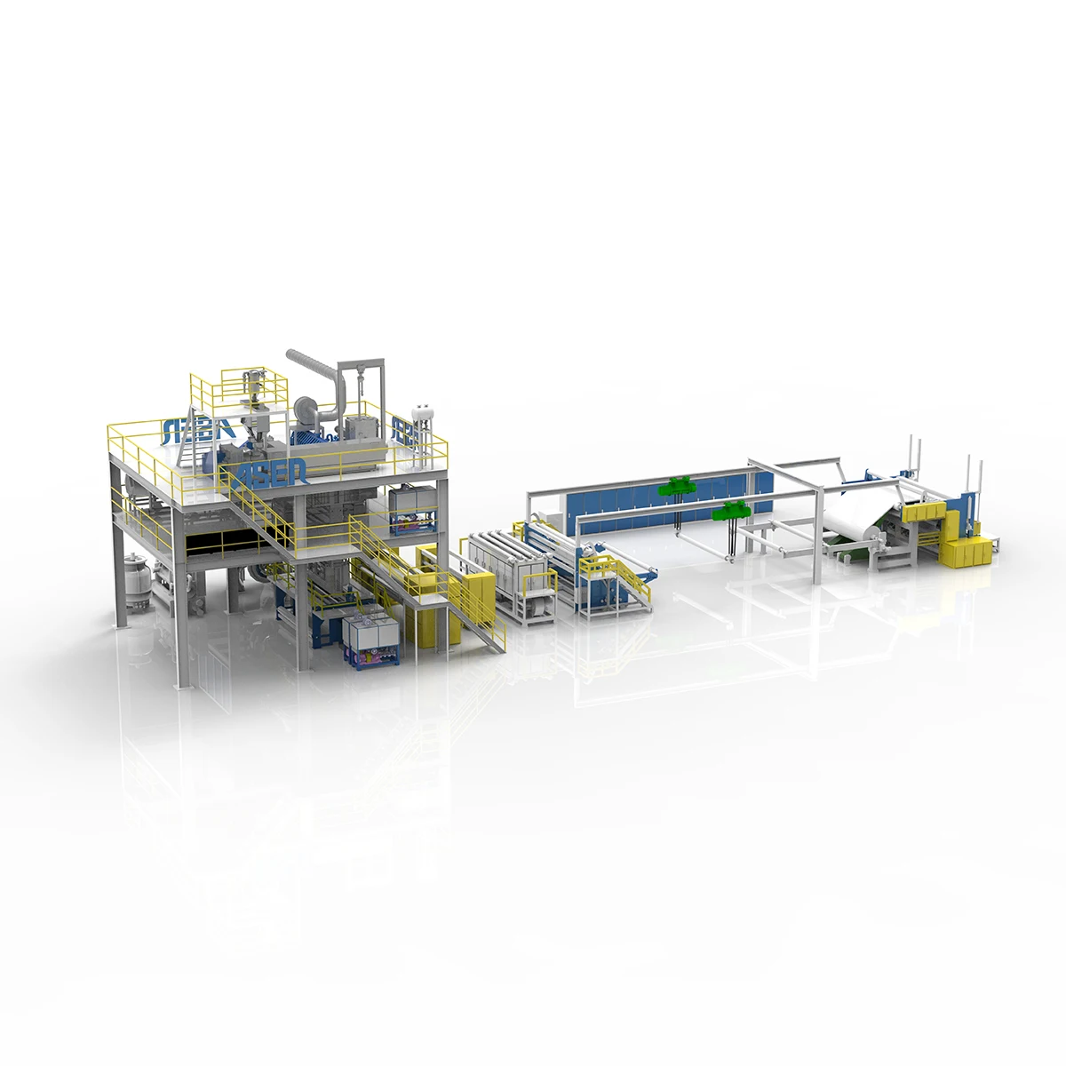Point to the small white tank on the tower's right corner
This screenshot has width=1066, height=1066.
pyautogui.click(x=423, y=412)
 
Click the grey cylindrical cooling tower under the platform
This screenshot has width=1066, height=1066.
pyautogui.click(x=138, y=581)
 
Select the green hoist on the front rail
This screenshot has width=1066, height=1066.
pyautogui.click(x=734, y=510)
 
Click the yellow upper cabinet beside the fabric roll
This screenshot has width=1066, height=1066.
pyautogui.click(x=924, y=513)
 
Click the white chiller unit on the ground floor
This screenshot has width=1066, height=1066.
pyautogui.click(x=370, y=639)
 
